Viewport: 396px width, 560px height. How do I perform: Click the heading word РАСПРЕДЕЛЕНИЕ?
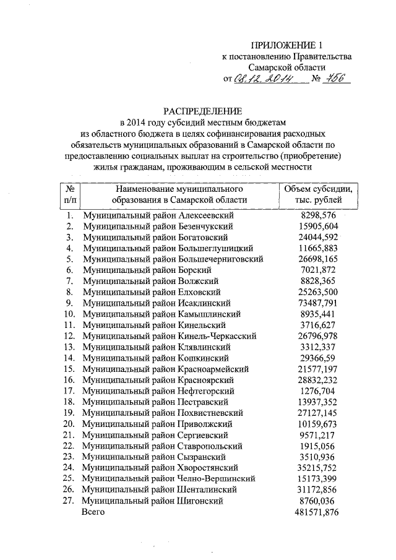pos(202,111)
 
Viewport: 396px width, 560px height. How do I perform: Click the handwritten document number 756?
pos(337,79)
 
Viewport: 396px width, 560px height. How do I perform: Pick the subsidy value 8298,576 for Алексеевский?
pos(317,215)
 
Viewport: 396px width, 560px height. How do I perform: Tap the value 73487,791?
pos(317,303)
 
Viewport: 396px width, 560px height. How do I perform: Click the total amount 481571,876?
pos(317,512)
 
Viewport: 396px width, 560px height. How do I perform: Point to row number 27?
pos(69,501)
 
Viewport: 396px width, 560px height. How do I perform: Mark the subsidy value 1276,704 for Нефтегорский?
pos(317,391)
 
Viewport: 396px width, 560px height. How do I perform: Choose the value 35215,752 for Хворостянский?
pos(317,468)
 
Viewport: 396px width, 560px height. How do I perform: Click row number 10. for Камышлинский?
pos(69,314)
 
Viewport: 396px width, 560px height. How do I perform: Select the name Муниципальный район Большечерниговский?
pos(173,259)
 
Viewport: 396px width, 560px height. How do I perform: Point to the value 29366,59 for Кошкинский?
pos(317,358)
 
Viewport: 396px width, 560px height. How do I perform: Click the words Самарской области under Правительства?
pos(286,67)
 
